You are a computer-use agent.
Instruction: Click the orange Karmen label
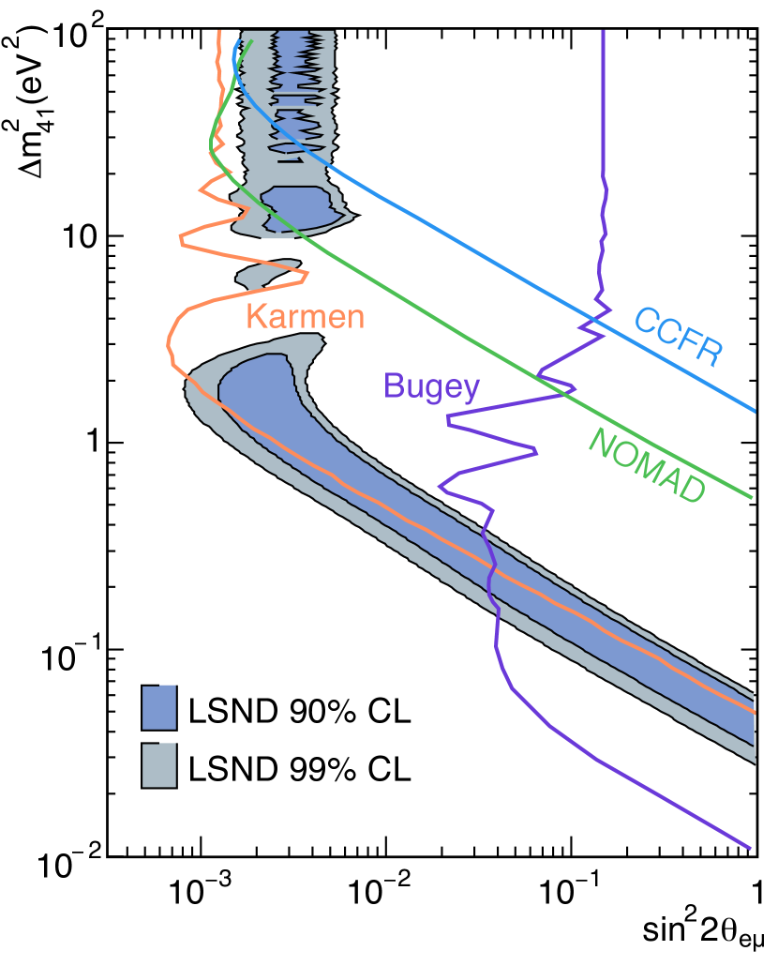305,317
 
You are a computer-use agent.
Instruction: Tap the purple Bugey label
431,386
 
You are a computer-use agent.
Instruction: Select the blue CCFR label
678,337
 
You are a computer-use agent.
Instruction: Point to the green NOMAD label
646,466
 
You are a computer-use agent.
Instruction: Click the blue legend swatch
158,707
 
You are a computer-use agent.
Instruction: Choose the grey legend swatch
158,764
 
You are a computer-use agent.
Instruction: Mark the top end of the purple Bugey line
603,32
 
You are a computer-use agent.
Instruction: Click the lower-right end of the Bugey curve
750,849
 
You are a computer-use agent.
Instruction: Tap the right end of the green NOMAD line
752,497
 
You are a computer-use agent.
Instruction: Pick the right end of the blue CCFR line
755,411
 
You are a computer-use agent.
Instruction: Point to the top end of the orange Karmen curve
219,32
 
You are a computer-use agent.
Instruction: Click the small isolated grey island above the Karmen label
266,273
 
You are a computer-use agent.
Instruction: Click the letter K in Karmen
254,317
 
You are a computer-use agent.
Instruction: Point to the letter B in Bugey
393,386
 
